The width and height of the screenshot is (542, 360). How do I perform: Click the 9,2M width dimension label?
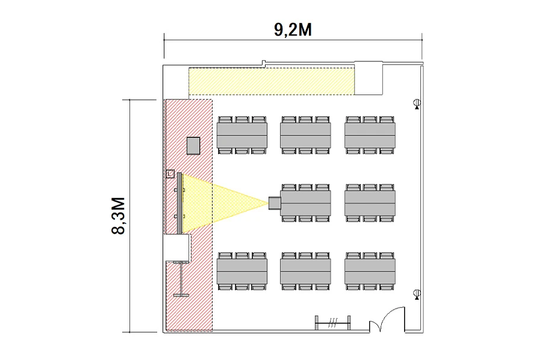click(293, 29)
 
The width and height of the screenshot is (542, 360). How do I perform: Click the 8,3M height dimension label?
click(118, 216)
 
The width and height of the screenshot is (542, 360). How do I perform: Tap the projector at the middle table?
click(275, 203)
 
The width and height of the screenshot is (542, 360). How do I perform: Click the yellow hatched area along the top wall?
click(272, 81)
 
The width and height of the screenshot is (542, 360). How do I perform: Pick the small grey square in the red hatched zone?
click(193, 146)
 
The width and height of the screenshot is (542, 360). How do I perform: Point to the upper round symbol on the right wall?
click(417, 104)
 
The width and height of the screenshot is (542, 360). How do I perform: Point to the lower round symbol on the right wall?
click(417, 294)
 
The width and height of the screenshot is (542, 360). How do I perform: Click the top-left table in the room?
click(242, 135)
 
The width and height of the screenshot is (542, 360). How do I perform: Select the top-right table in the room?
click(370, 135)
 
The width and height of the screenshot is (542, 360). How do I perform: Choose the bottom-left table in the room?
click(242, 272)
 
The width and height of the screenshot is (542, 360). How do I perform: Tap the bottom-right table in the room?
click(370, 272)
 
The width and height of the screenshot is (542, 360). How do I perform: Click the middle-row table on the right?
click(370, 203)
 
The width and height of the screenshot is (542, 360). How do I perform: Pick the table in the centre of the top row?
click(305, 135)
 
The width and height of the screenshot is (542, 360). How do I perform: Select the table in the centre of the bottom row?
click(305, 272)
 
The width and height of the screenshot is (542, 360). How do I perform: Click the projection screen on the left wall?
click(179, 203)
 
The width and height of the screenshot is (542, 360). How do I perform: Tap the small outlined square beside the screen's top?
click(170, 173)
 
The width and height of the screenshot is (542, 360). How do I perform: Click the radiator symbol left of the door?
click(332, 323)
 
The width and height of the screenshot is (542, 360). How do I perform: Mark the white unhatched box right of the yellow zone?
click(369, 78)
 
